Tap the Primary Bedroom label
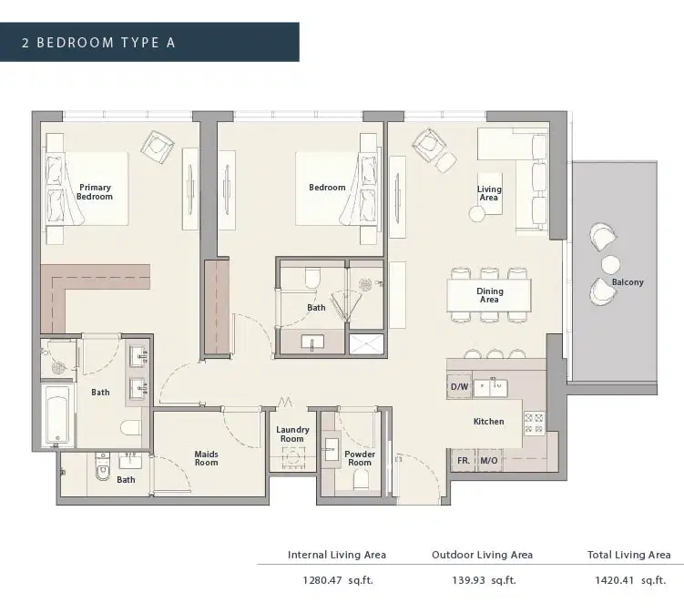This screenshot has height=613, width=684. (94, 191)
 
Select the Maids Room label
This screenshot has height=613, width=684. (206, 457)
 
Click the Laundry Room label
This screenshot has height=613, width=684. (292, 434)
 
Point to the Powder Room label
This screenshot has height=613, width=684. (360, 457)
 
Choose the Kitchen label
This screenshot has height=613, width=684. (488, 422)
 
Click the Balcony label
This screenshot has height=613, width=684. (628, 282)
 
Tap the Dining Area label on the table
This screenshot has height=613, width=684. (489, 295)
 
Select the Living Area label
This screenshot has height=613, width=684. (489, 193)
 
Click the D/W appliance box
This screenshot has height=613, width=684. (458, 387)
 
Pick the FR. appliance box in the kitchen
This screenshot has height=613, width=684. (463, 461)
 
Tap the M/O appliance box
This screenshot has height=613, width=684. (488, 461)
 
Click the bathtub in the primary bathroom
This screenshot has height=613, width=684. (57, 415)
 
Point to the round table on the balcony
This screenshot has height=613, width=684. (609, 264)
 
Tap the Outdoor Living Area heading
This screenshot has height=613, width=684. (482, 555)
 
